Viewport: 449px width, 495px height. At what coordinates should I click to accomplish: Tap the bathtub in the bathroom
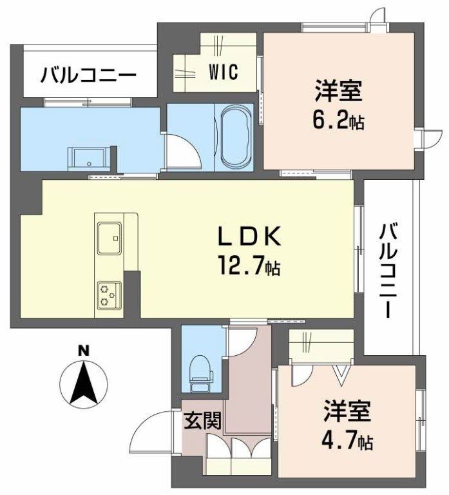231,136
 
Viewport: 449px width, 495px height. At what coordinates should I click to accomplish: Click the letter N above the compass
82,351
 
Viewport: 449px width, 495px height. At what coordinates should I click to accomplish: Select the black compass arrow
83,383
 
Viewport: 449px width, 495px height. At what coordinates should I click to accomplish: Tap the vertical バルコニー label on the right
388,270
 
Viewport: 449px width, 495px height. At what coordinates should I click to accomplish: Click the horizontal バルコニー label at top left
88,76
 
